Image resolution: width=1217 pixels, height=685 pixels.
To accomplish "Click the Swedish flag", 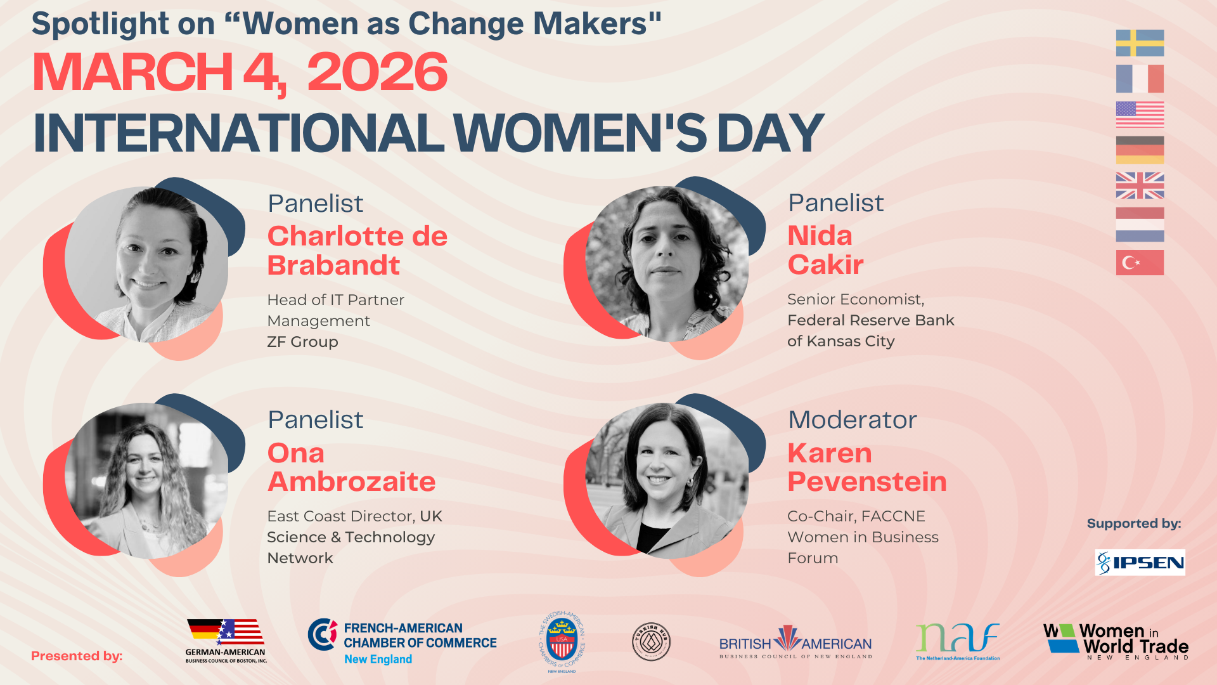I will click(x=1140, y=43).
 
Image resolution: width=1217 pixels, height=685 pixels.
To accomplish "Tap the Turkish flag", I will click(x=1140, y=263).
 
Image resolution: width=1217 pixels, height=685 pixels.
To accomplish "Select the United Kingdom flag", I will click(x=1140, y=186).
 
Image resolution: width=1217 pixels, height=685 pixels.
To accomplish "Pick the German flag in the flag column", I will click(x=1140, y=150).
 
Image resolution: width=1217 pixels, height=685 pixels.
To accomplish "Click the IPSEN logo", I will click(x=1140, y=563).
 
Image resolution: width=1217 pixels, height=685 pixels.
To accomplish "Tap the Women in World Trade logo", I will click(x=1116, y=641).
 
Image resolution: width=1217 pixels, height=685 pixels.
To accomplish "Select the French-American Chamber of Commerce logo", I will click(x=402, y=643).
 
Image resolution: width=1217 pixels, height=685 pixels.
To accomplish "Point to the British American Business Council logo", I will click(x=795, y=642).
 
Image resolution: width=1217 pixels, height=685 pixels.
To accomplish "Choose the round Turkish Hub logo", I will click(x=651, y=642).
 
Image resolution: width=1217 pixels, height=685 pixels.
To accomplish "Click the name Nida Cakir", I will click(x=825, y=250).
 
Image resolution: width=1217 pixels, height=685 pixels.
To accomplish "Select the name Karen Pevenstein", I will click(x=866, y=467).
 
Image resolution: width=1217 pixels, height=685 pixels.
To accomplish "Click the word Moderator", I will click(x=852, y=420).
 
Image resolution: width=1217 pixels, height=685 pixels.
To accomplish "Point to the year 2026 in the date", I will click(x=377, y=72).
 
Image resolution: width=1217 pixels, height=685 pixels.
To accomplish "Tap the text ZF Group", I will click(x=302, y=342).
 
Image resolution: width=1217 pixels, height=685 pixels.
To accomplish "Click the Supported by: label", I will click(x=1134, y=523).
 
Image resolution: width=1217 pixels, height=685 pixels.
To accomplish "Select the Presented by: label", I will click(x=77, y=656).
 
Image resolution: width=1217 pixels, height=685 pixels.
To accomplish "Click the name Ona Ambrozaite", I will click(x=351, y=467).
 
